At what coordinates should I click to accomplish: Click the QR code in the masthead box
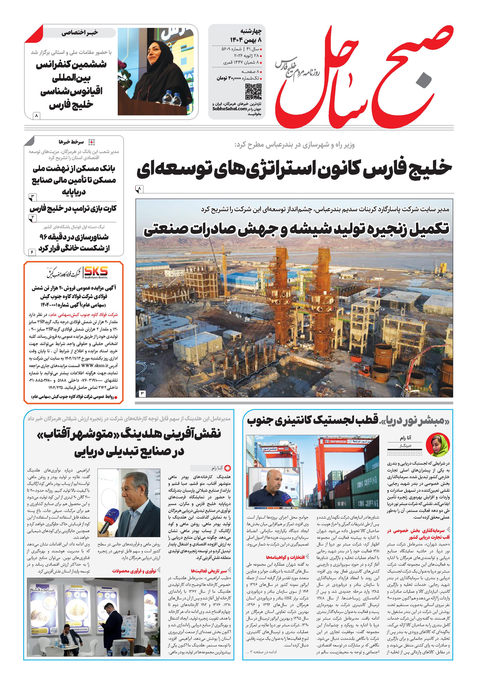point(253,92)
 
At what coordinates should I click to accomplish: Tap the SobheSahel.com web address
point(230,109)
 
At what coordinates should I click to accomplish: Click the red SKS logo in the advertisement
point(96,271)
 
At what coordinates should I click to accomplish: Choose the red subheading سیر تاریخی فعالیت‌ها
point(209,571)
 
